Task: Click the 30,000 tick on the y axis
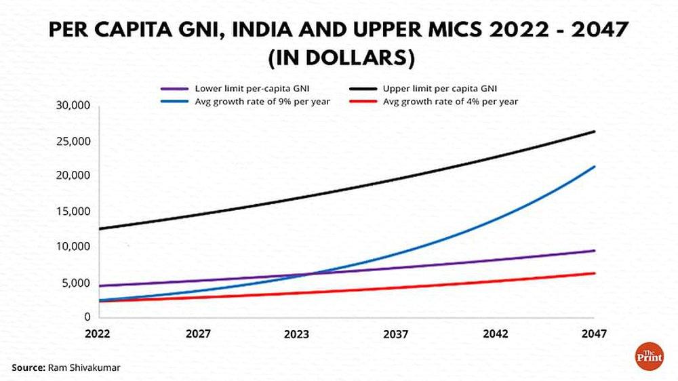[73, 106]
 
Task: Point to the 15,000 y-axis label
[73, 212]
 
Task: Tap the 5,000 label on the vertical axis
[76, 283]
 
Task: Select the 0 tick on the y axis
[87, 317]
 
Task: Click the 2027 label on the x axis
[198, 334]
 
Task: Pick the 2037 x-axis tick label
[396, 334]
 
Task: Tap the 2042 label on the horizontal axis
[496, 334]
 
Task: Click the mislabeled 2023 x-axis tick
[297, 334]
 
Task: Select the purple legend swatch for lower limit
[175, 89]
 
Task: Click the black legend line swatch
[363, 89]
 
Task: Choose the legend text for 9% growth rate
[262, 102]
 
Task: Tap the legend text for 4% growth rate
[451, 102]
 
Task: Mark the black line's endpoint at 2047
[595, 132]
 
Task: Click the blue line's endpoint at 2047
[595, 167]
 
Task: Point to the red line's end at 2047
[595, 273]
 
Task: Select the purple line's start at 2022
[100, 286]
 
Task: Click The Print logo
[650, 356]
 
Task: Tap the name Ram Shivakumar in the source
[84, 367]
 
